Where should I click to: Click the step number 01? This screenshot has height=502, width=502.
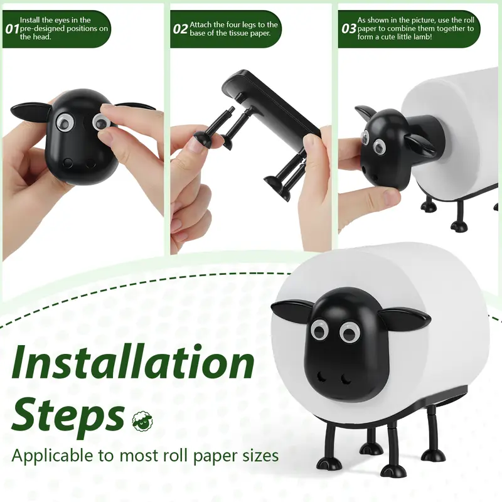[12, 29]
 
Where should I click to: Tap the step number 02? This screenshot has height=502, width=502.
[180, 29]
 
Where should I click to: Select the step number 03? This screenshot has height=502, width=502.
[349, 29]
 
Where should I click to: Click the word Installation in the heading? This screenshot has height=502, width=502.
[133, 362]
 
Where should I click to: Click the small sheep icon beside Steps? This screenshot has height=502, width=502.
[142, 420]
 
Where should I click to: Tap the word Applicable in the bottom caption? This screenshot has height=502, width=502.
[52, 456]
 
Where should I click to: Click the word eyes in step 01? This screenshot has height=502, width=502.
[62, 20]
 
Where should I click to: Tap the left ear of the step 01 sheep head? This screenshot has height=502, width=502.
[30, 114]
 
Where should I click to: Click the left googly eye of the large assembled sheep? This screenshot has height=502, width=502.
[319, 331]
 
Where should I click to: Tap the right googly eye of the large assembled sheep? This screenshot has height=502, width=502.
[350, 332]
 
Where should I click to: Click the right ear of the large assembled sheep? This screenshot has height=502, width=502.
[405, 318]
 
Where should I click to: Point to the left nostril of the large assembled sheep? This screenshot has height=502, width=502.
[321, 377]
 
